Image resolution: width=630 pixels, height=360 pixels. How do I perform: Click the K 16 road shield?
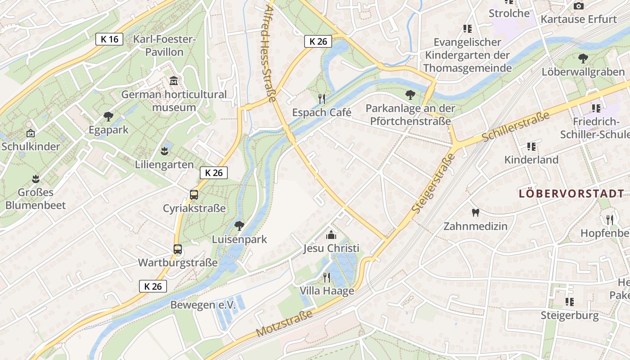[x=109, y=39]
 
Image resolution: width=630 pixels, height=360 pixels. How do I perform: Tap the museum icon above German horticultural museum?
[x=174, y=81]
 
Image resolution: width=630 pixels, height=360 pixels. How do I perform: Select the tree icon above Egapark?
[x=108, y=117]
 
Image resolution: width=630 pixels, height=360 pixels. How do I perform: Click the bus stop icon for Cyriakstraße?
[x=194, y=195]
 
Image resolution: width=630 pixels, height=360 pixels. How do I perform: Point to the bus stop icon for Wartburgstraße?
[x=178, y=249]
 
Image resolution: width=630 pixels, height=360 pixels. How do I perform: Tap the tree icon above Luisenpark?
[x=239, y=225]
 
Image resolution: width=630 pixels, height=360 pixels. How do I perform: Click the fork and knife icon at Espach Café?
[x=321, y=99]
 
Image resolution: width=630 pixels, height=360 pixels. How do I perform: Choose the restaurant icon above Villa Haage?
[x=327, y=277]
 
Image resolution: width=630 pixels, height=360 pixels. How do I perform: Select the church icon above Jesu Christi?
[x=331, y=235]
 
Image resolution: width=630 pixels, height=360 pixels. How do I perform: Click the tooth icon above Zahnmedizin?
[x=475, y=212]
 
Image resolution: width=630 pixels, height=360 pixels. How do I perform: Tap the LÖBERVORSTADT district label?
[x=571, y=194]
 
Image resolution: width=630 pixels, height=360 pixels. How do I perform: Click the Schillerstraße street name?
[x=516, y=126]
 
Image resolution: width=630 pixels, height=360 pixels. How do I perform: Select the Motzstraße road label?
[x=284, y=323]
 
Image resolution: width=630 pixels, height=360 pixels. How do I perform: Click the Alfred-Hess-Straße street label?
[x=269, y=54]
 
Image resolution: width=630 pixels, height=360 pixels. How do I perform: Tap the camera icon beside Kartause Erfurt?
[x=579, y=6]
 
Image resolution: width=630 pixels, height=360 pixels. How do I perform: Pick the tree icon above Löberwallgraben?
[x=583, y=58]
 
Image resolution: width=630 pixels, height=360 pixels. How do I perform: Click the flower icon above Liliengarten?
[x=165, y=151]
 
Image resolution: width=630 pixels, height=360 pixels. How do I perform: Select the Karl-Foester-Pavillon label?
[x=165, y=45]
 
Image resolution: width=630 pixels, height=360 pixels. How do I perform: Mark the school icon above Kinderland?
[x=531, y=146]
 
